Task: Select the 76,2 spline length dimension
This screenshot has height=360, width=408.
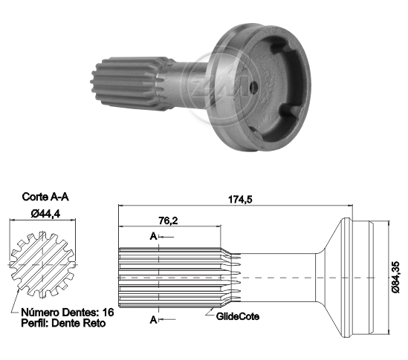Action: tap(168, 220)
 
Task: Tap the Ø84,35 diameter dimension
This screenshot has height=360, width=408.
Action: tap(395, 278)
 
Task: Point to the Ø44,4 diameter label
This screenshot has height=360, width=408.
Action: tap(45, 214)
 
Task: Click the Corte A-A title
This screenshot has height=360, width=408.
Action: tap(45, 197)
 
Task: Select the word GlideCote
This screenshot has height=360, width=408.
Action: tap(237, 316)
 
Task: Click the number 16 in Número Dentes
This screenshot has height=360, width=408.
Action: tap(109, 312)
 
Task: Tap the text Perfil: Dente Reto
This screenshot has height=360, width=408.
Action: tap(63, 323)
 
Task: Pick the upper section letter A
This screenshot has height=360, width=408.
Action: tap(153, 237)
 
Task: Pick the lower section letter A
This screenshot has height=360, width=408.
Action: tap(153, 320)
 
